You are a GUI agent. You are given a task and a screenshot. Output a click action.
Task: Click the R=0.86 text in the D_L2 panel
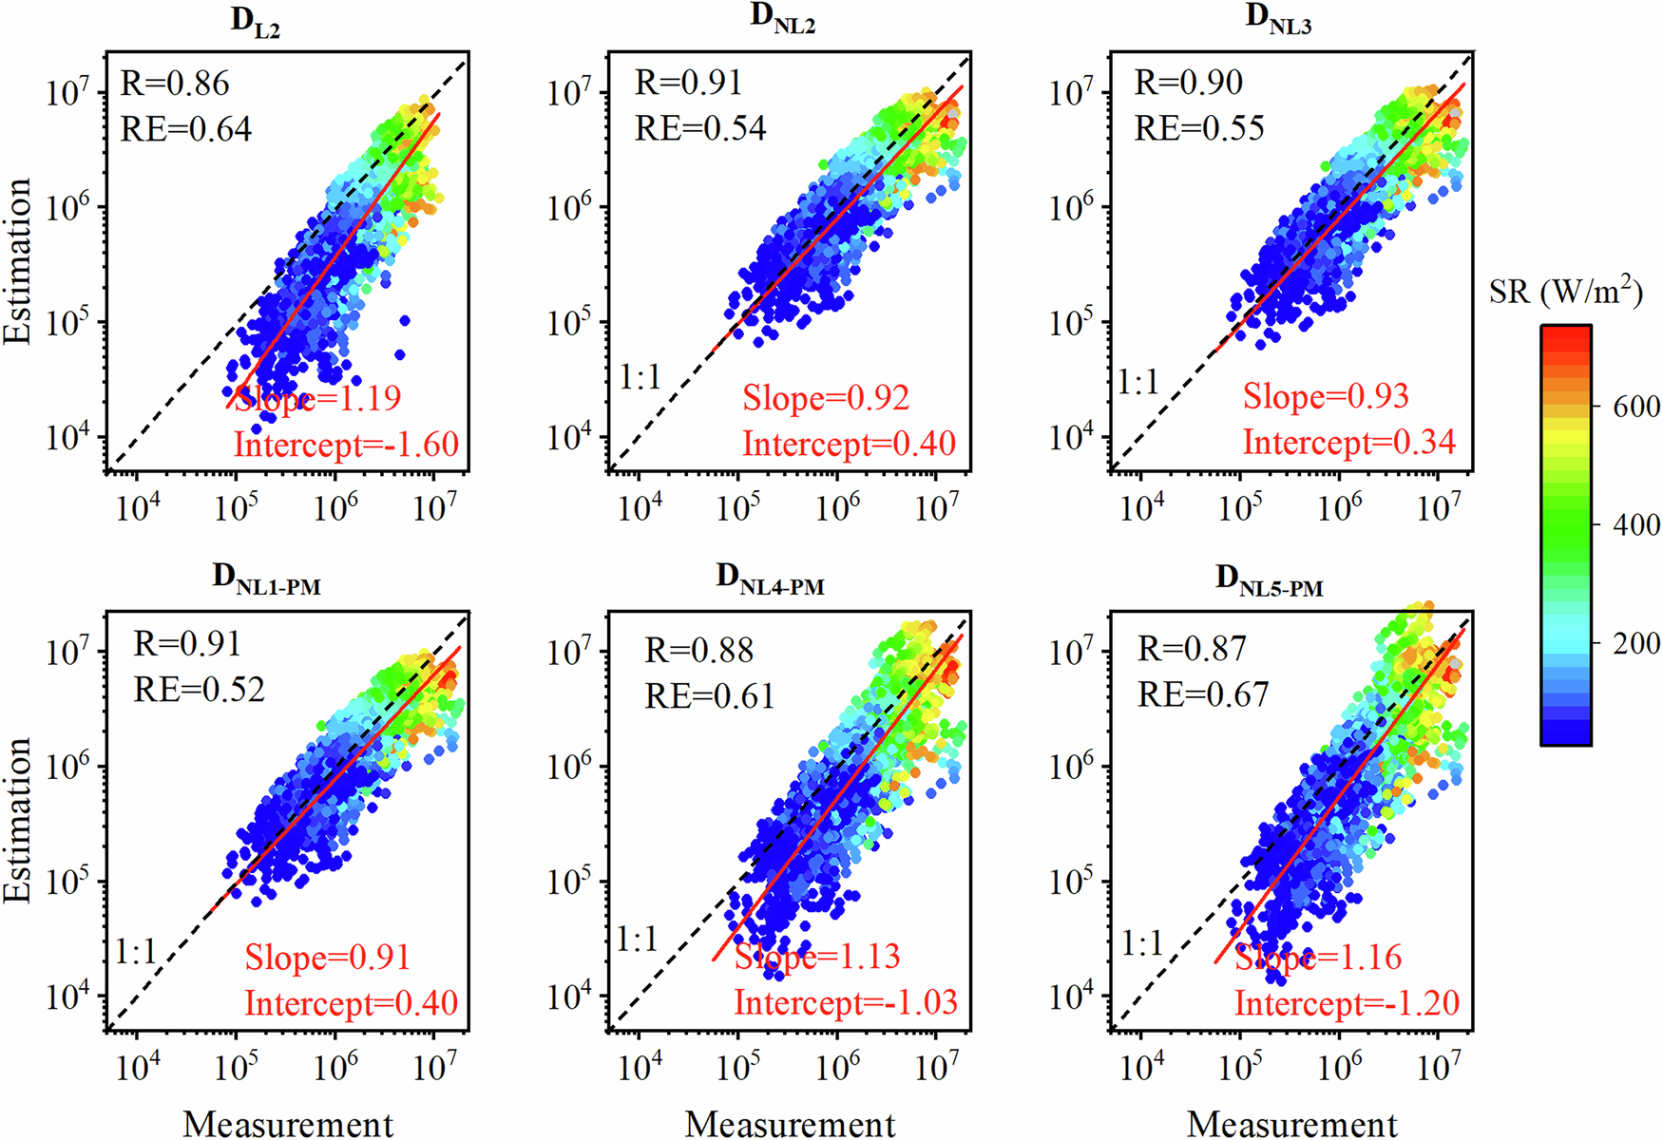point(175,84)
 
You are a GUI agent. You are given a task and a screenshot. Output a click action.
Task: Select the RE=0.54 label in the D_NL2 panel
point(700,128)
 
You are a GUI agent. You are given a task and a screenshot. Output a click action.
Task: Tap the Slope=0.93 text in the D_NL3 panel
point(1326,396)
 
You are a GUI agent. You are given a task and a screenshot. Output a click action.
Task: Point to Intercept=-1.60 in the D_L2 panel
point(346,444)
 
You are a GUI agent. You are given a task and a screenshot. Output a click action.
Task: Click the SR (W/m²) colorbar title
point(1565,290)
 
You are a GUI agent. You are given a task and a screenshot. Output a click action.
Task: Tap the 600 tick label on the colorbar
point(1636,407)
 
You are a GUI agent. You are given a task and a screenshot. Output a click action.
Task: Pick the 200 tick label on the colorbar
point(1636,643)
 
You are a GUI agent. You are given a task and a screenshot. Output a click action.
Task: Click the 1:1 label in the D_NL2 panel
point(640,378)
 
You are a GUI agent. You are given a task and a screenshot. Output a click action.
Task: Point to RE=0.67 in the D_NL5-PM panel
point(1203,694)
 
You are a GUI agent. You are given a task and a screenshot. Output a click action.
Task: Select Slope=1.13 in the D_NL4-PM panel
point(817,956)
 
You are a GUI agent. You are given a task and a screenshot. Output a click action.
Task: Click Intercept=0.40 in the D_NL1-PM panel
point(351,1003)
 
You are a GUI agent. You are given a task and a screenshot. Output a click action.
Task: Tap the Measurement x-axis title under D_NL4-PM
point(790,1124)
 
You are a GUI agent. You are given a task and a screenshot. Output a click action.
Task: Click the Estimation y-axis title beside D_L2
point(17,261)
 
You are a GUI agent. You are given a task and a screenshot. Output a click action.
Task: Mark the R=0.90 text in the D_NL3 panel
point(1188,83)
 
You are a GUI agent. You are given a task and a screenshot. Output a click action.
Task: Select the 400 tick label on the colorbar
point(1636,524)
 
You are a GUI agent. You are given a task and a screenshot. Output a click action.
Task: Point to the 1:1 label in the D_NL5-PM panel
point(1142,943)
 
